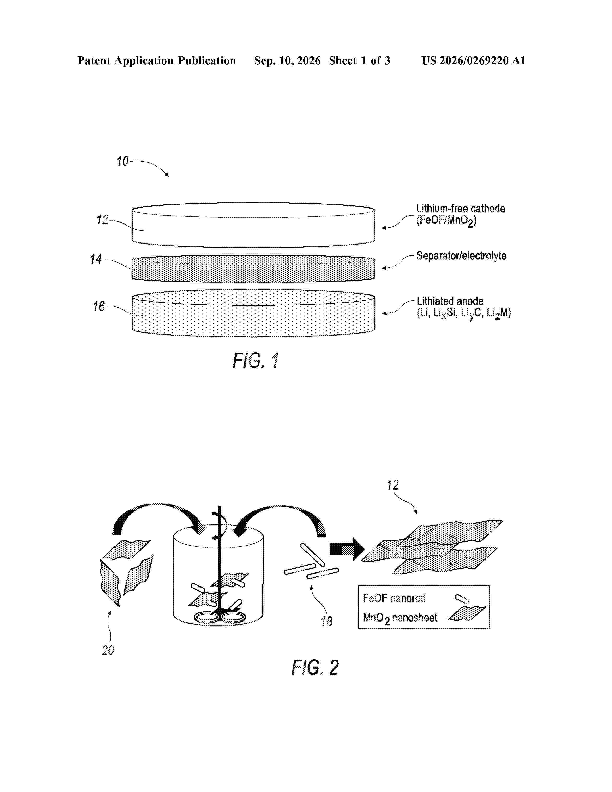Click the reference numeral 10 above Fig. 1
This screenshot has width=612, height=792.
123,161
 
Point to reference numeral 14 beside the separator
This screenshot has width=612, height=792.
96,259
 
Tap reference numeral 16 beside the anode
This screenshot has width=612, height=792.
99,306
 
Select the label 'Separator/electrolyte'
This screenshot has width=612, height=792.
461,256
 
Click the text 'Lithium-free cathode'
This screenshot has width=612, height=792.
461,209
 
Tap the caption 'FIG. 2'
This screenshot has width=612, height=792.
315,668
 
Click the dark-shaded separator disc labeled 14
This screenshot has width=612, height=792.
253,269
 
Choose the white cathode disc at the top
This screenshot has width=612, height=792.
253,225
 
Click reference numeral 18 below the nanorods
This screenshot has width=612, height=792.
326,622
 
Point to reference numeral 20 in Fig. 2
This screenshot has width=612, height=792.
108,650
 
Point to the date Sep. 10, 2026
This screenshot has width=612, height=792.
287,60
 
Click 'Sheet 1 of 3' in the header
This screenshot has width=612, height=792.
359,60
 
